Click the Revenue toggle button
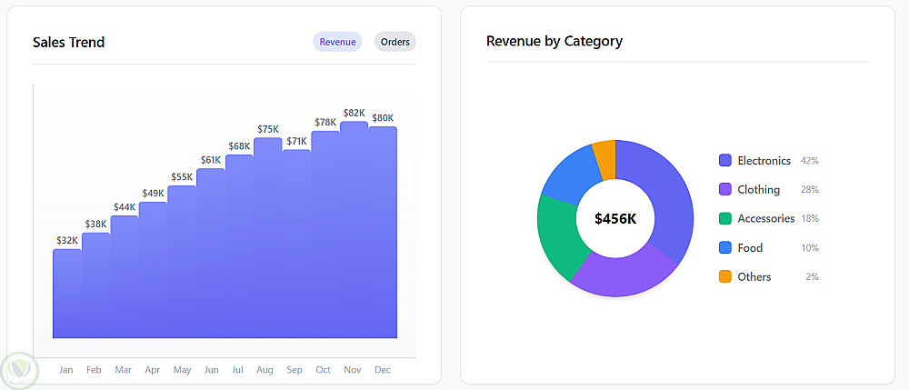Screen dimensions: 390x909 tap(337, 42)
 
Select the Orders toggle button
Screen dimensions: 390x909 tap(395, 42)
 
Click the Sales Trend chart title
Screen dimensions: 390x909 tap(68, 42)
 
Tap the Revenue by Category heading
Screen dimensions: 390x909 tap(554, 41)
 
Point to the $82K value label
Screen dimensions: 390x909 tap(354, 114)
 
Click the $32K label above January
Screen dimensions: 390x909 tap(67, 241)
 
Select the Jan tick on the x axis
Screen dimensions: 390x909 tap(65, 370)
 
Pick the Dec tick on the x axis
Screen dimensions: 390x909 tap(383, 370)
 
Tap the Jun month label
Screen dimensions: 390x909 tap(211, 370)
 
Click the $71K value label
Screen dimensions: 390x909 tap(296, 142)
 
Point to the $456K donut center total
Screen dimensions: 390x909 tap(615, 218)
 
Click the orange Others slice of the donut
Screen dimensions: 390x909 tap(605, 158)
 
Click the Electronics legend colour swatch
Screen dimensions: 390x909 tap(725, 161)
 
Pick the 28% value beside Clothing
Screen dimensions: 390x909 tap(810, 190)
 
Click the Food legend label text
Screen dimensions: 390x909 tap(750, 248)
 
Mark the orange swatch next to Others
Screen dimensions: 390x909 tap(725, 277)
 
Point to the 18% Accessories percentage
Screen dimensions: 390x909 tap(810, 219)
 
